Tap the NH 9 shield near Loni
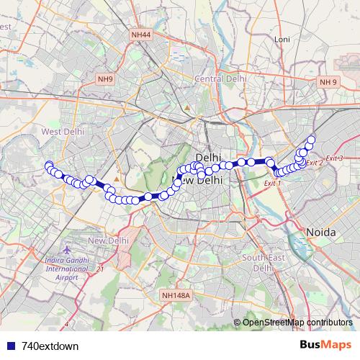[328, 82]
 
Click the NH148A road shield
[176, 294]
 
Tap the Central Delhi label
[221, 78]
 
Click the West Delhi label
[63, 132]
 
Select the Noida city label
[322, 232]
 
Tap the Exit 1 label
[272, 184]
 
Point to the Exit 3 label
[334, 158]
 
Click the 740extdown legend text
[50, 346]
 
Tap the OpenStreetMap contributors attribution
[297, 322]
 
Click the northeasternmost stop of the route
[312, 140]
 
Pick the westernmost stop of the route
[48, 166]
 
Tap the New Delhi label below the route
[108, 240]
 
